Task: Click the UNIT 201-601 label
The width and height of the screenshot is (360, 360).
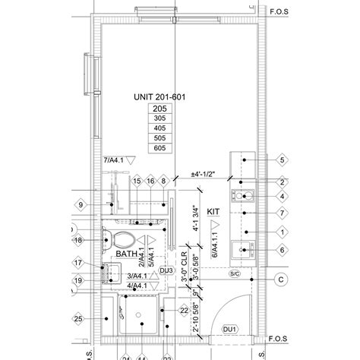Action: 159,98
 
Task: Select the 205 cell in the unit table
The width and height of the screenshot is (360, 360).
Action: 159,109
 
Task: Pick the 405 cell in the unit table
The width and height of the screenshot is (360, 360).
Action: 159,129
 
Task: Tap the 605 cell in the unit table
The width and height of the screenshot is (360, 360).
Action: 159,149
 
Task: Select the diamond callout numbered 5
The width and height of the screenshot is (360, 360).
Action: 281,161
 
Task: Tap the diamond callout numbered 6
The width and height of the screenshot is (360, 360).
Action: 281,250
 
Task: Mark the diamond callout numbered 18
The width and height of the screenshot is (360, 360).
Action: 78,241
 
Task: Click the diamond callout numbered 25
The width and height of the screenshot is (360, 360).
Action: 78,319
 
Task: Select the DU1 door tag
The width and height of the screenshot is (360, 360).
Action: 230,329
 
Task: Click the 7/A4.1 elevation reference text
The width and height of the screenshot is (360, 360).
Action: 113,159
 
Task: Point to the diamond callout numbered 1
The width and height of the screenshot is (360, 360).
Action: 281,232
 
